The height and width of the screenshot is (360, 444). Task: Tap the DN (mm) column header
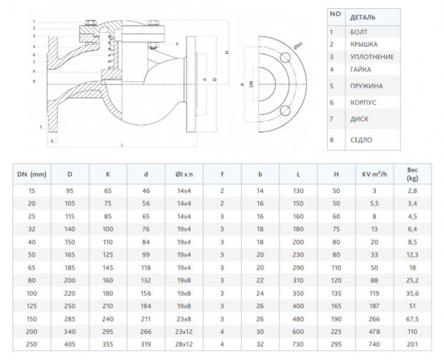[x=31, y=174]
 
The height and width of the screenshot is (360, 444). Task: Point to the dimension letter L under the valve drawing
[x=121, y=145]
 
